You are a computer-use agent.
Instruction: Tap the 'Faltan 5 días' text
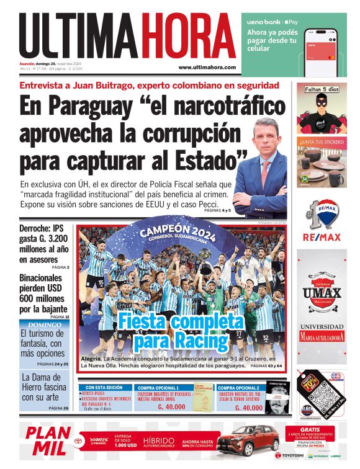[x=321, y=90]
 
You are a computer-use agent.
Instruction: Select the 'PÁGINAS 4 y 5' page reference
[x=217, y=211]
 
